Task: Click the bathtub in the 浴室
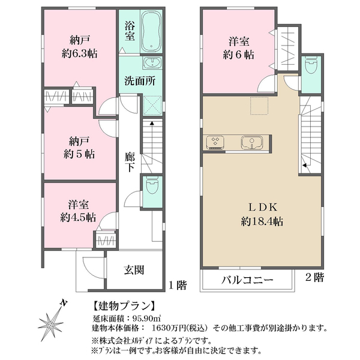pyautogui.click(x=151, y=31)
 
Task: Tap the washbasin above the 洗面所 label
pyautogui.click(x=152, y=62)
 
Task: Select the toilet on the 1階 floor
pyautogui.click(x=151, y=185)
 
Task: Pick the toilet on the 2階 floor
pyautogui.click(x=311, y=64)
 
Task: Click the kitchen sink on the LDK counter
pyautogui.click(x=252, y=142)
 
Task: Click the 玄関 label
pyautogui.click(x=134, y=270)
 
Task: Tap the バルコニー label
pyautogui.click(x=247, y=280)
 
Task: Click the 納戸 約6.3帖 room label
pyautogui.click(x=79, y=47)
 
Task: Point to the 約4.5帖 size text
pyautogui.click(x=78, y=217)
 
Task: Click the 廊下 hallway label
pyautogui.click(x=130, y=162)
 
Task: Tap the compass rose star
pyautogui.click(x=50, y=325)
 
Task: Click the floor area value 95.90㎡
pyautogui.click(x=146, y=319)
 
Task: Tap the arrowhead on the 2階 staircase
pyautogui.click(x=305, y=165)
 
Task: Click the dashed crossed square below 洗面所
pyautogui.click(x=152, y=105)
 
